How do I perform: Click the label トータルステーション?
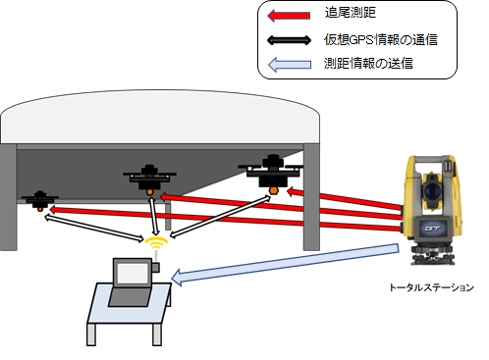(x=430, y=288)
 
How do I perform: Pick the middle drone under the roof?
(x=149, y=180)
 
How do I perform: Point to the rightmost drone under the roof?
(x=270, y=170)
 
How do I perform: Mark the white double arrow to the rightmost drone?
(x=218, y=215)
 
